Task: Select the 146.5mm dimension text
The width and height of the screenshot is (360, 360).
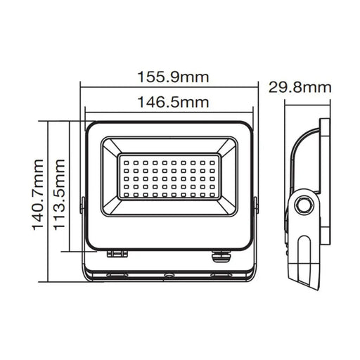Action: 169,102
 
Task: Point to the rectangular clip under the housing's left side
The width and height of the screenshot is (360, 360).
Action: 117,253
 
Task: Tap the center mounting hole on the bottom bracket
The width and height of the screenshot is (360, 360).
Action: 169,275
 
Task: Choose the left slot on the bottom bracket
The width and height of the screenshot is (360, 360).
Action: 117,275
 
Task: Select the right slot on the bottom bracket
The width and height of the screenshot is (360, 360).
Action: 221,275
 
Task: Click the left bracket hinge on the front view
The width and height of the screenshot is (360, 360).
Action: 83,205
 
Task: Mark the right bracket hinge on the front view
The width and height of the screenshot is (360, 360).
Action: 255,205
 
